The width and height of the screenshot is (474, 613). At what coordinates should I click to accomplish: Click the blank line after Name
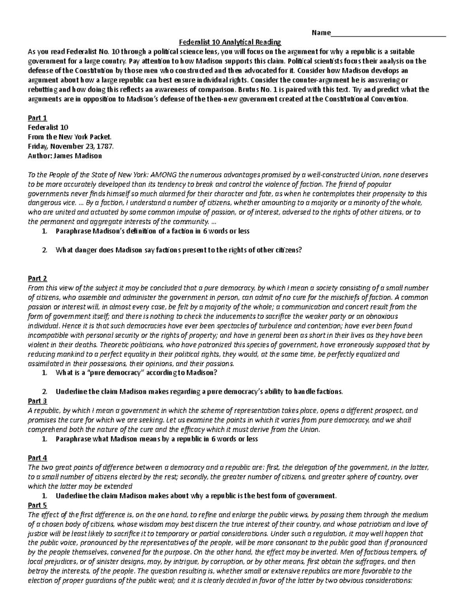coord(388,33)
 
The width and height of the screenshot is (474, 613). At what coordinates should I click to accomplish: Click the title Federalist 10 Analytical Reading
coord(230,42)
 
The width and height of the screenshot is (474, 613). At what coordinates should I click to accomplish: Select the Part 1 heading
coord(38,118)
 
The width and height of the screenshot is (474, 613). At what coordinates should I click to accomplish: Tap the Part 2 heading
coord(38,279)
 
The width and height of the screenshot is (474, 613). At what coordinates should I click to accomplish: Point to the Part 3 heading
coord(38,401)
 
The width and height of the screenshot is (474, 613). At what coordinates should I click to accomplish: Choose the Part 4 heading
coord(38,458)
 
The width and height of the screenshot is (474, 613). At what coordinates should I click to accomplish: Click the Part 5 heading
coord(38,505)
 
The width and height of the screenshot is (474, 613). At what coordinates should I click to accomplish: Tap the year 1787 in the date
coord(105,146)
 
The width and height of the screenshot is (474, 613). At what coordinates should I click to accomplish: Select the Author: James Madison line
coord(65,156)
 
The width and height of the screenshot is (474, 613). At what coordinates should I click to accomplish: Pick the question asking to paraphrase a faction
coord(152,231)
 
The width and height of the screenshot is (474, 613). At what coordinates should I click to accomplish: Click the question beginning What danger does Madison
coord(179,250)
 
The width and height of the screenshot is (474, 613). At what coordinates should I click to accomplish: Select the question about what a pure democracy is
coord(137,373)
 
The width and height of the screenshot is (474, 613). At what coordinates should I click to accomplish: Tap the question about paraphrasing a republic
coord(157,439)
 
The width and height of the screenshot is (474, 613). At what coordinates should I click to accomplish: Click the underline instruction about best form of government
coord(196,496)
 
